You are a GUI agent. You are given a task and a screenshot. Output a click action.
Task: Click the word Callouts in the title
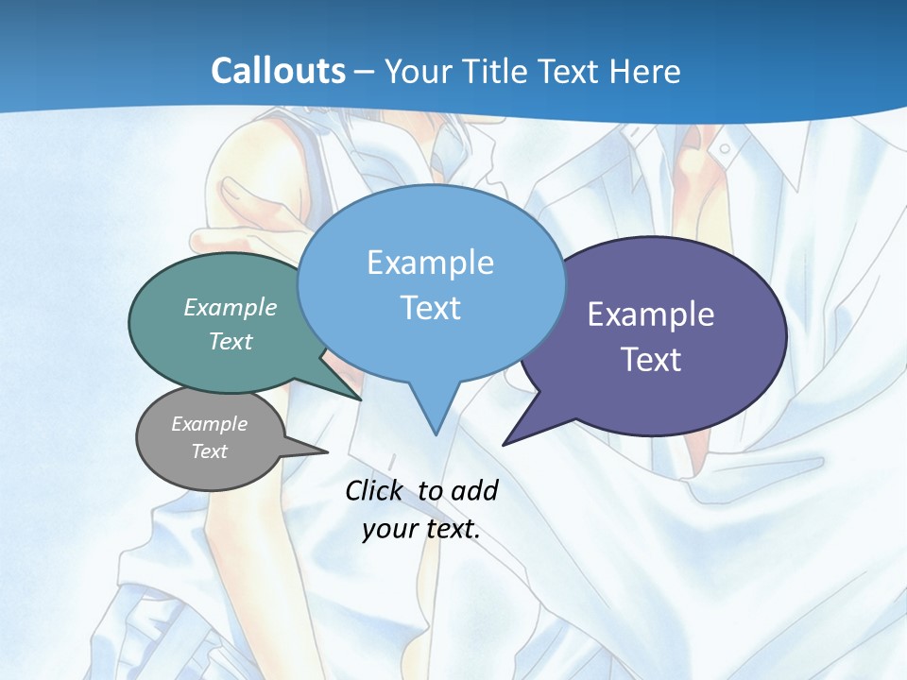point(278,71)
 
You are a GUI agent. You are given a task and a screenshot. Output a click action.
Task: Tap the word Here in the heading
point(645,71)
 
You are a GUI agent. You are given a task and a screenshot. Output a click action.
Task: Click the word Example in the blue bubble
point(430,263)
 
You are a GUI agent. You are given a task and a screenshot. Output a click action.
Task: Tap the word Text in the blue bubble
point(430,308)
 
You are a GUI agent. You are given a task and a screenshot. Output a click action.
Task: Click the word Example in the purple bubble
point(650,314)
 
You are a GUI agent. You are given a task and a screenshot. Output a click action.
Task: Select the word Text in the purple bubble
point(650,360)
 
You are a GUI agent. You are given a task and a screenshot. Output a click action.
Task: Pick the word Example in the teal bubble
point(231,307)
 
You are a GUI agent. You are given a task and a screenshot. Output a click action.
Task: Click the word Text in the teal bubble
point(231,341)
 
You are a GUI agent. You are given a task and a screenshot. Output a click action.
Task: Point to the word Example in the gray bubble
point(209,424)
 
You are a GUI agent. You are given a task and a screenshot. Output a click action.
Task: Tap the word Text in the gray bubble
point(209,451)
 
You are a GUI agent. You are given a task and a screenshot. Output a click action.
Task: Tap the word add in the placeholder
point(473,490)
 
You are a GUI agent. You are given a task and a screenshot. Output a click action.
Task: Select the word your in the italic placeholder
point(388,529)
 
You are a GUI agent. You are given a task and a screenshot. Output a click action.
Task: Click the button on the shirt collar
point(725,148)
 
